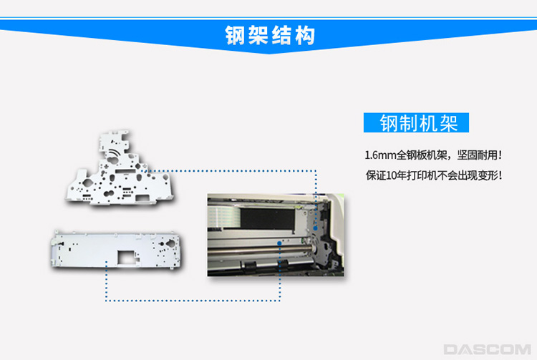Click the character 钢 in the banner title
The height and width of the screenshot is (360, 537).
236,35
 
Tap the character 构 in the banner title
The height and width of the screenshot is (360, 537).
305,35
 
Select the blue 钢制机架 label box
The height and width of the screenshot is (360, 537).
416,122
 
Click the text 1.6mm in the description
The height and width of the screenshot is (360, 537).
380,155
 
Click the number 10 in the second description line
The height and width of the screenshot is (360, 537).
391,175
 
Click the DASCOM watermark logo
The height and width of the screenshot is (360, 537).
487,349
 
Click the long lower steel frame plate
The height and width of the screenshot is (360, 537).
115,249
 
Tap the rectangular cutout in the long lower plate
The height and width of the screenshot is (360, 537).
126,257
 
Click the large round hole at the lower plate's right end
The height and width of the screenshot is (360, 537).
170,243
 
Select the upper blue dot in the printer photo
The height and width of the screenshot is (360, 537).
315,228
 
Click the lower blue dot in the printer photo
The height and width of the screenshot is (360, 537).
279,243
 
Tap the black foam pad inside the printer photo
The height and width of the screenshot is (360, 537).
268,218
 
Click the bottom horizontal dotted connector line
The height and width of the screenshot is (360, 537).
193,301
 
